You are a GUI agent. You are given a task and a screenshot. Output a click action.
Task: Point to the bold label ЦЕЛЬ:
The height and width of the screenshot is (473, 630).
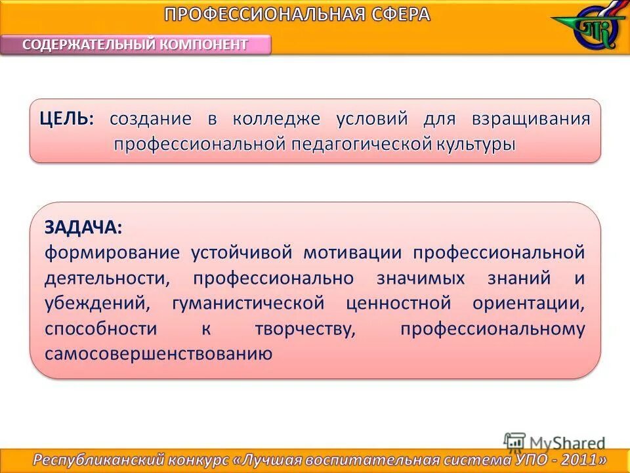coord(66,119)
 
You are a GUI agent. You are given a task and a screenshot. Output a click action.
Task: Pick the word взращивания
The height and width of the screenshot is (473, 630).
coord(531,119)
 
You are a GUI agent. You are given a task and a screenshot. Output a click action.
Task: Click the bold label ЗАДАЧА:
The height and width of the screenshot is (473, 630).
coord(83,227)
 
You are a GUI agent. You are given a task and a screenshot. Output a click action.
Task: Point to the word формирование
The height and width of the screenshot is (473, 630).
coord(112,252)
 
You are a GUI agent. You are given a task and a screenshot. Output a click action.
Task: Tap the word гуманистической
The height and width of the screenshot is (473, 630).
coord(248,304)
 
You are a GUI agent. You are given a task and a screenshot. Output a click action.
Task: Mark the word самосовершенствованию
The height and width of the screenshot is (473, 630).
coord(158,354)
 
